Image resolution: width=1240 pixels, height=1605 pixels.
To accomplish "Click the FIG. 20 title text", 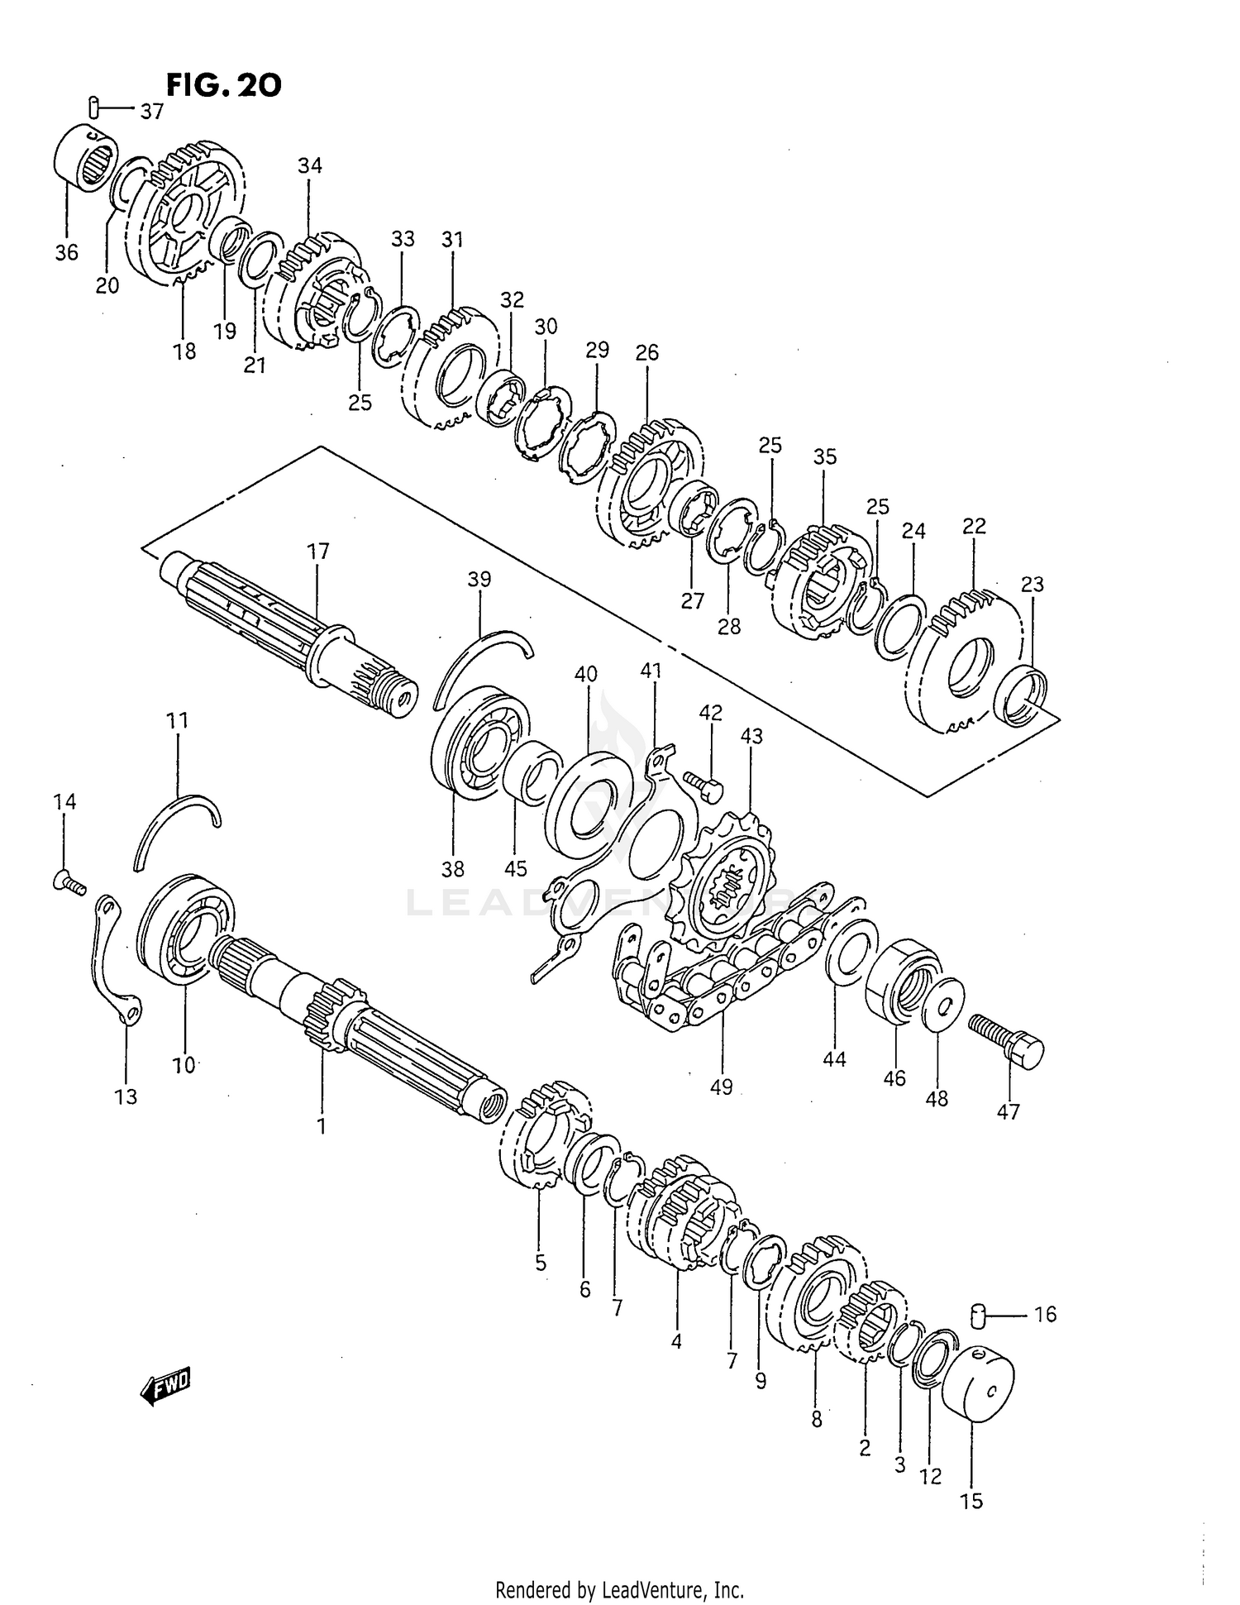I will (x=223, y=84).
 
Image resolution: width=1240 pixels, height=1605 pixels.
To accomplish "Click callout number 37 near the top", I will (x=151, y=111).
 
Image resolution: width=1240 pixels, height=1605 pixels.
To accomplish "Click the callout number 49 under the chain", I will (x=721, y=1086).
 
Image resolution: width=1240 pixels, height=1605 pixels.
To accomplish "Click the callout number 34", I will (x=310, y=165).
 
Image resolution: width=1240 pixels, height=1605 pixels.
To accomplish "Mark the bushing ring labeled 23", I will (x=1024, y=695).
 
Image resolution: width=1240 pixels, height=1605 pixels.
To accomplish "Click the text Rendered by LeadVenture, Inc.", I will (x=619, y=1589).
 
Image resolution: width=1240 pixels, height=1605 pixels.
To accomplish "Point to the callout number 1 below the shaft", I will (x=321, y=1125).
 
